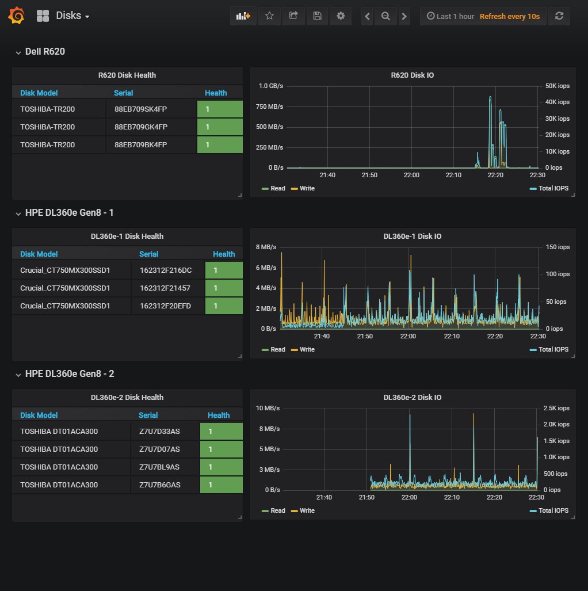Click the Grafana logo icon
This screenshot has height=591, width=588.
tap(17, 16)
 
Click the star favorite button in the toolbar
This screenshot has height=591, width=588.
tap(269, 16)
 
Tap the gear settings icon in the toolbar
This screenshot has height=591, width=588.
tap(341, 16)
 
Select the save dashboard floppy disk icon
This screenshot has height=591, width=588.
tap(318, 16)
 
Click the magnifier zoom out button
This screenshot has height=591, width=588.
tap(385, 16)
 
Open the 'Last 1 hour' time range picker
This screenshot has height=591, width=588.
tap(450, 16)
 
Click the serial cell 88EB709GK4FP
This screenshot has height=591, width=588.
tap(141, 127)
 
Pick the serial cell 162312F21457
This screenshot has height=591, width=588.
tap(165, 288)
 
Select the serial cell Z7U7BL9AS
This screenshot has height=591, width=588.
tap(159, 467)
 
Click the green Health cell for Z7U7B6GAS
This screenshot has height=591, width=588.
tap(222, 485)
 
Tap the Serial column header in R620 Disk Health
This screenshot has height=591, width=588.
tap(123, 93)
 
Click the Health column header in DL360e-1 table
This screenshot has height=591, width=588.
tap(224, 254)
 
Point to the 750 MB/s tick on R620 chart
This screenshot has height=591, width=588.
tap(269, 106)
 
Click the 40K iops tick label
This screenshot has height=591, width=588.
tap(557, 102)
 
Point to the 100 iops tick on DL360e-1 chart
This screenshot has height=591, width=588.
tap(558, 274)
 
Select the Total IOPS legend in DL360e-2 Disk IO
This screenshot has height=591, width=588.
tap(549, 510)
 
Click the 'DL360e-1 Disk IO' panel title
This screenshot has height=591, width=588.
tap(413, 237)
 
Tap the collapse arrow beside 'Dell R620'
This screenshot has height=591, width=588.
tap(18, 53)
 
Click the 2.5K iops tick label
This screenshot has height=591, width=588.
tap(556, 408)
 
